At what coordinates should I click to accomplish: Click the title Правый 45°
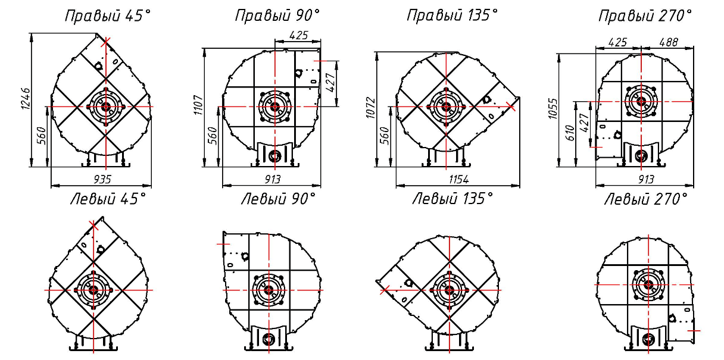108,16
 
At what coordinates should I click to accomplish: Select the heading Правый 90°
277,16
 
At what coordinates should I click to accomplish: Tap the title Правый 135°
452,15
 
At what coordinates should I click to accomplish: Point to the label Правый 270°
645,16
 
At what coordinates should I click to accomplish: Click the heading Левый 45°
108,199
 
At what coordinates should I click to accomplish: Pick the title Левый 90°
278,199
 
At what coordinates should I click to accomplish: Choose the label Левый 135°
453,199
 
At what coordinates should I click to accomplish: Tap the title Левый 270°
646,199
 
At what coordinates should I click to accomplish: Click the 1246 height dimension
26,99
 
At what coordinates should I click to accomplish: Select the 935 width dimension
102,179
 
